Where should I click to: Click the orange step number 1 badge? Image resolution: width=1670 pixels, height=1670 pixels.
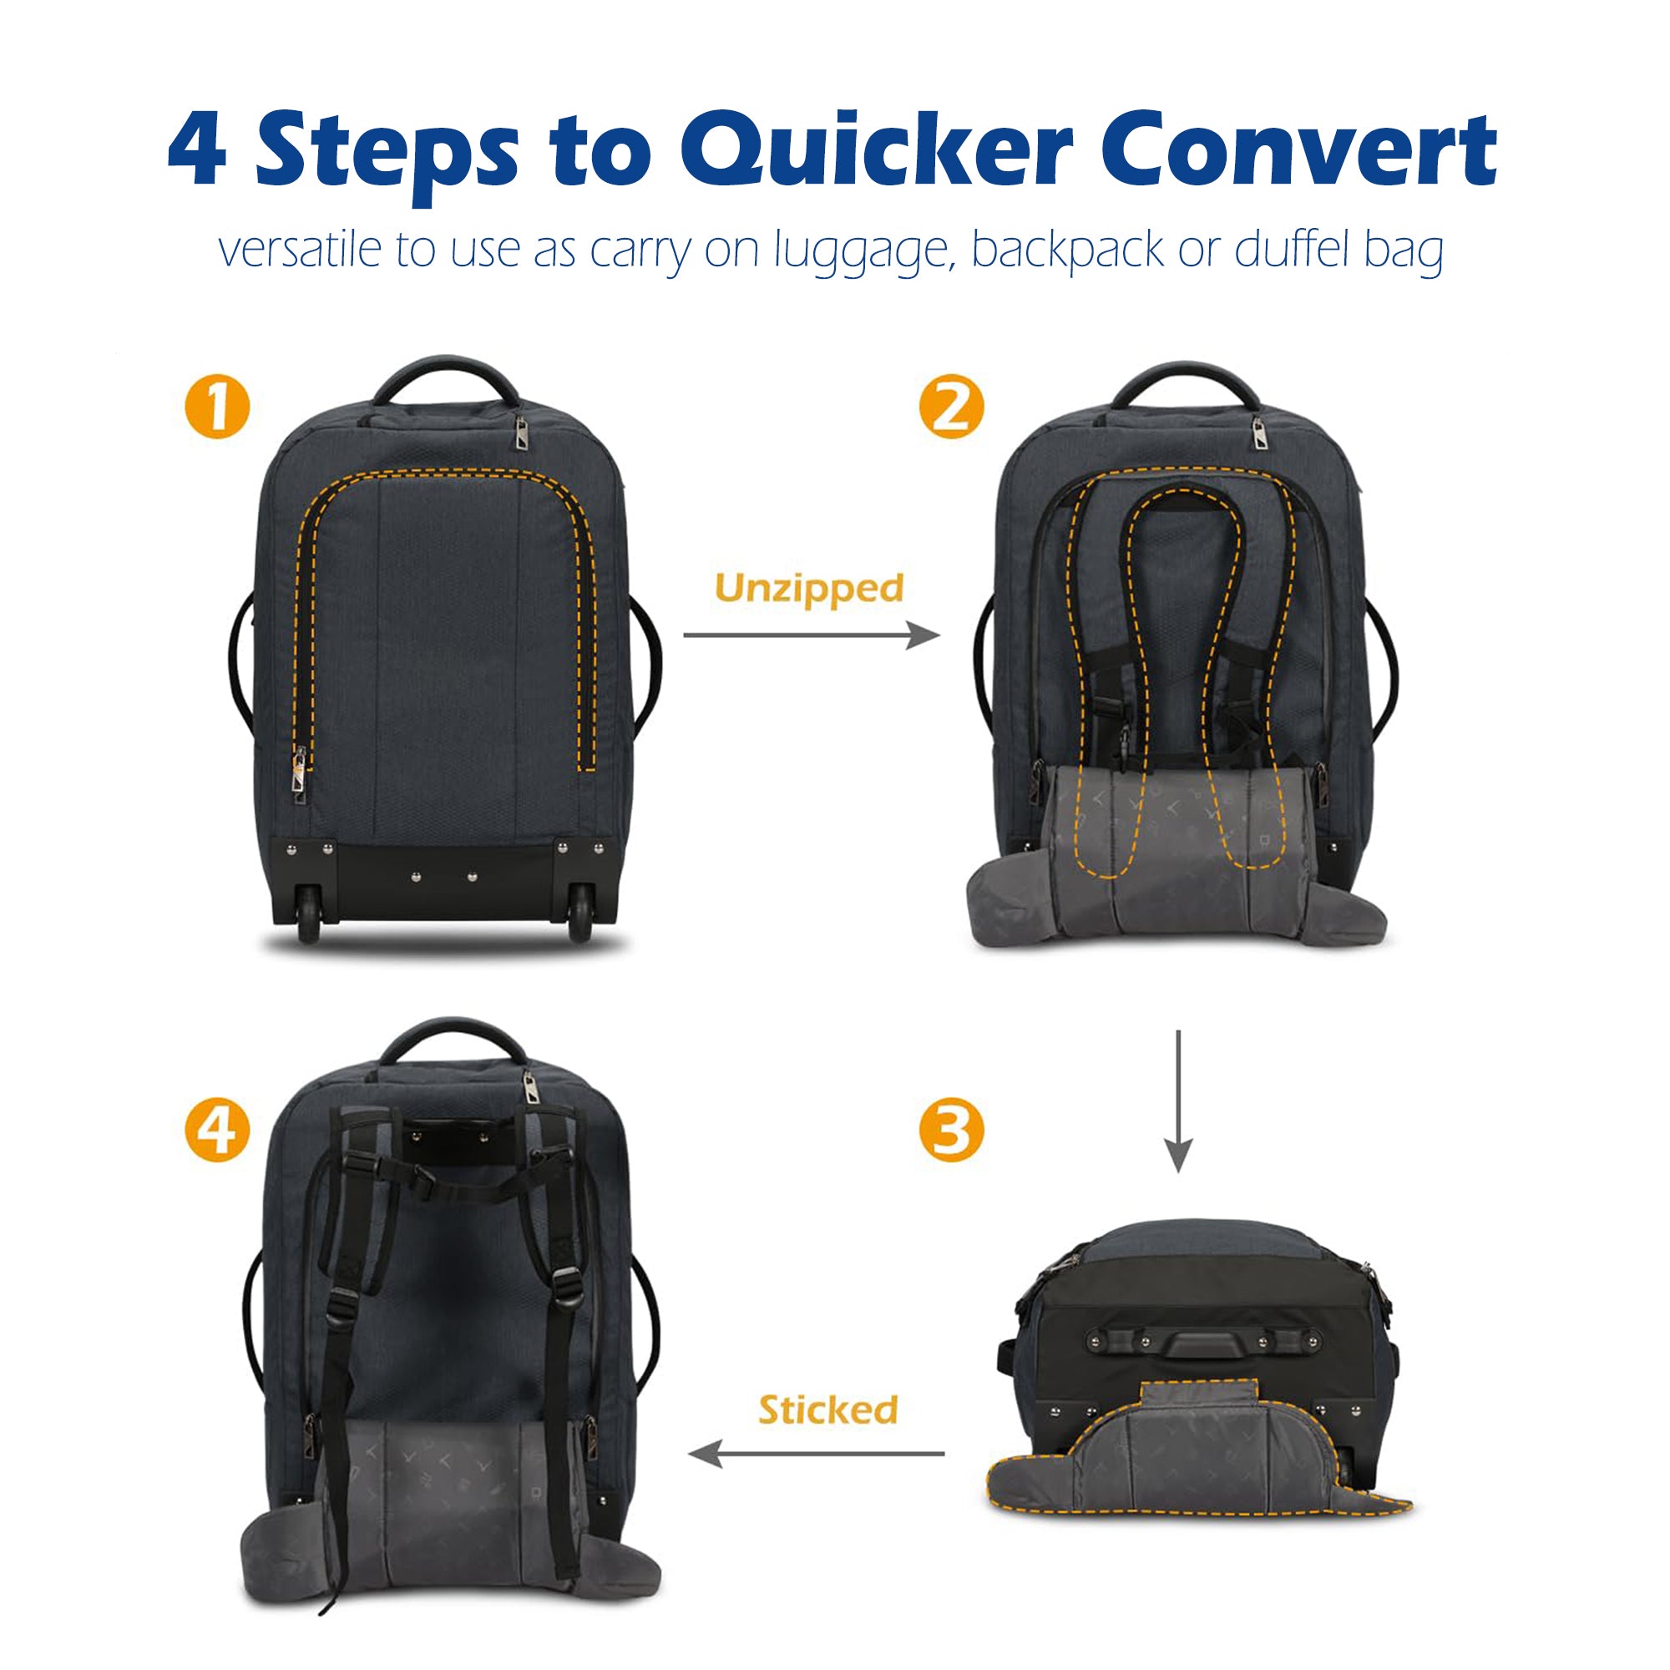click(217, 406)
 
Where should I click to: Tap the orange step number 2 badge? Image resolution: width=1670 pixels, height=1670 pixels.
click(951, 406)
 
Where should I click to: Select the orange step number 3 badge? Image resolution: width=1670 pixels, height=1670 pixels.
click(951, 1131)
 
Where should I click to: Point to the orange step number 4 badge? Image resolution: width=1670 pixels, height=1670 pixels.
click(217, 1131)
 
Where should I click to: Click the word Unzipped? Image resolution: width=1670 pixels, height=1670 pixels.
click(809, 589)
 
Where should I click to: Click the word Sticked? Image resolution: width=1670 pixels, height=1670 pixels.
click(828, 1409)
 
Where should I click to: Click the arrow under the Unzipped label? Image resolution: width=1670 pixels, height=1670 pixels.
click(811, 636)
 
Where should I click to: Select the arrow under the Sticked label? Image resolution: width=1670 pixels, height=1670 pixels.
click(816, 1454)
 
